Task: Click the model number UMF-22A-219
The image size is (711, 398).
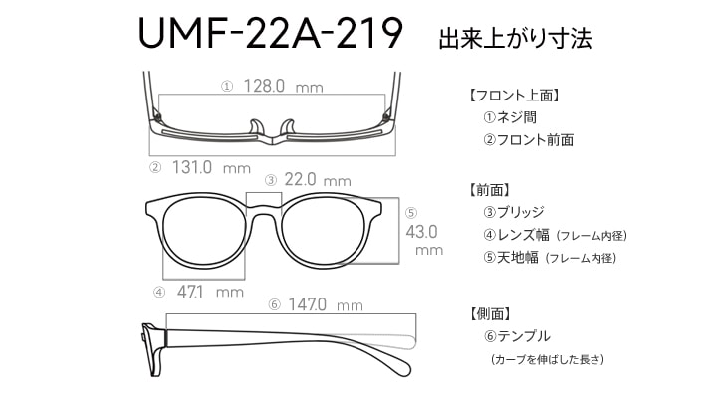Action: click(271, 34)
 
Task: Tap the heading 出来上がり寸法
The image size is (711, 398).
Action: click(515, 38)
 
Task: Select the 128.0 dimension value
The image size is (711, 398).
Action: click(264, 86)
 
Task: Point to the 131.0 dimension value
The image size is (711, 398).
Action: click(192, 168)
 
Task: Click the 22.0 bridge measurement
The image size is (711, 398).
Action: click(300, 179)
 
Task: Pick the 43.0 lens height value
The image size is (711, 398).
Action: click(421, 232)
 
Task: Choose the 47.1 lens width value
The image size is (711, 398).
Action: click(190, 292)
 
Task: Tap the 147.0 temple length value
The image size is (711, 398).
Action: click(307, 304)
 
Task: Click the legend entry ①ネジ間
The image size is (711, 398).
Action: click(510, 117)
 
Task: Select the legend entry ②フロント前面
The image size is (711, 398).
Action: click(528, 140)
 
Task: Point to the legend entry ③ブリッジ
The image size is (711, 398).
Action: click(513, 212)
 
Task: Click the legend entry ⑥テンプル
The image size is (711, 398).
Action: click(517, 336)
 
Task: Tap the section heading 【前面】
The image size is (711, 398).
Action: click(489, 190)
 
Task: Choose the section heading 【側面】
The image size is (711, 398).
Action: click(489, 313)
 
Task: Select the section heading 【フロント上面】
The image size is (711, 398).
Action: click(514, 96)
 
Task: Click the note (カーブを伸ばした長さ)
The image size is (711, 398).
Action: click(548, 359)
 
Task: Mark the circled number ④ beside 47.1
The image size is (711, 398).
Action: click(159, 293)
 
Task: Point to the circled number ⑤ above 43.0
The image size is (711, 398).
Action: click(411, 213)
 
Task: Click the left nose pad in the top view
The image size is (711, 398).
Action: click(256, 127)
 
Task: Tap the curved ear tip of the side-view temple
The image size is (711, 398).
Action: click(401, 364)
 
